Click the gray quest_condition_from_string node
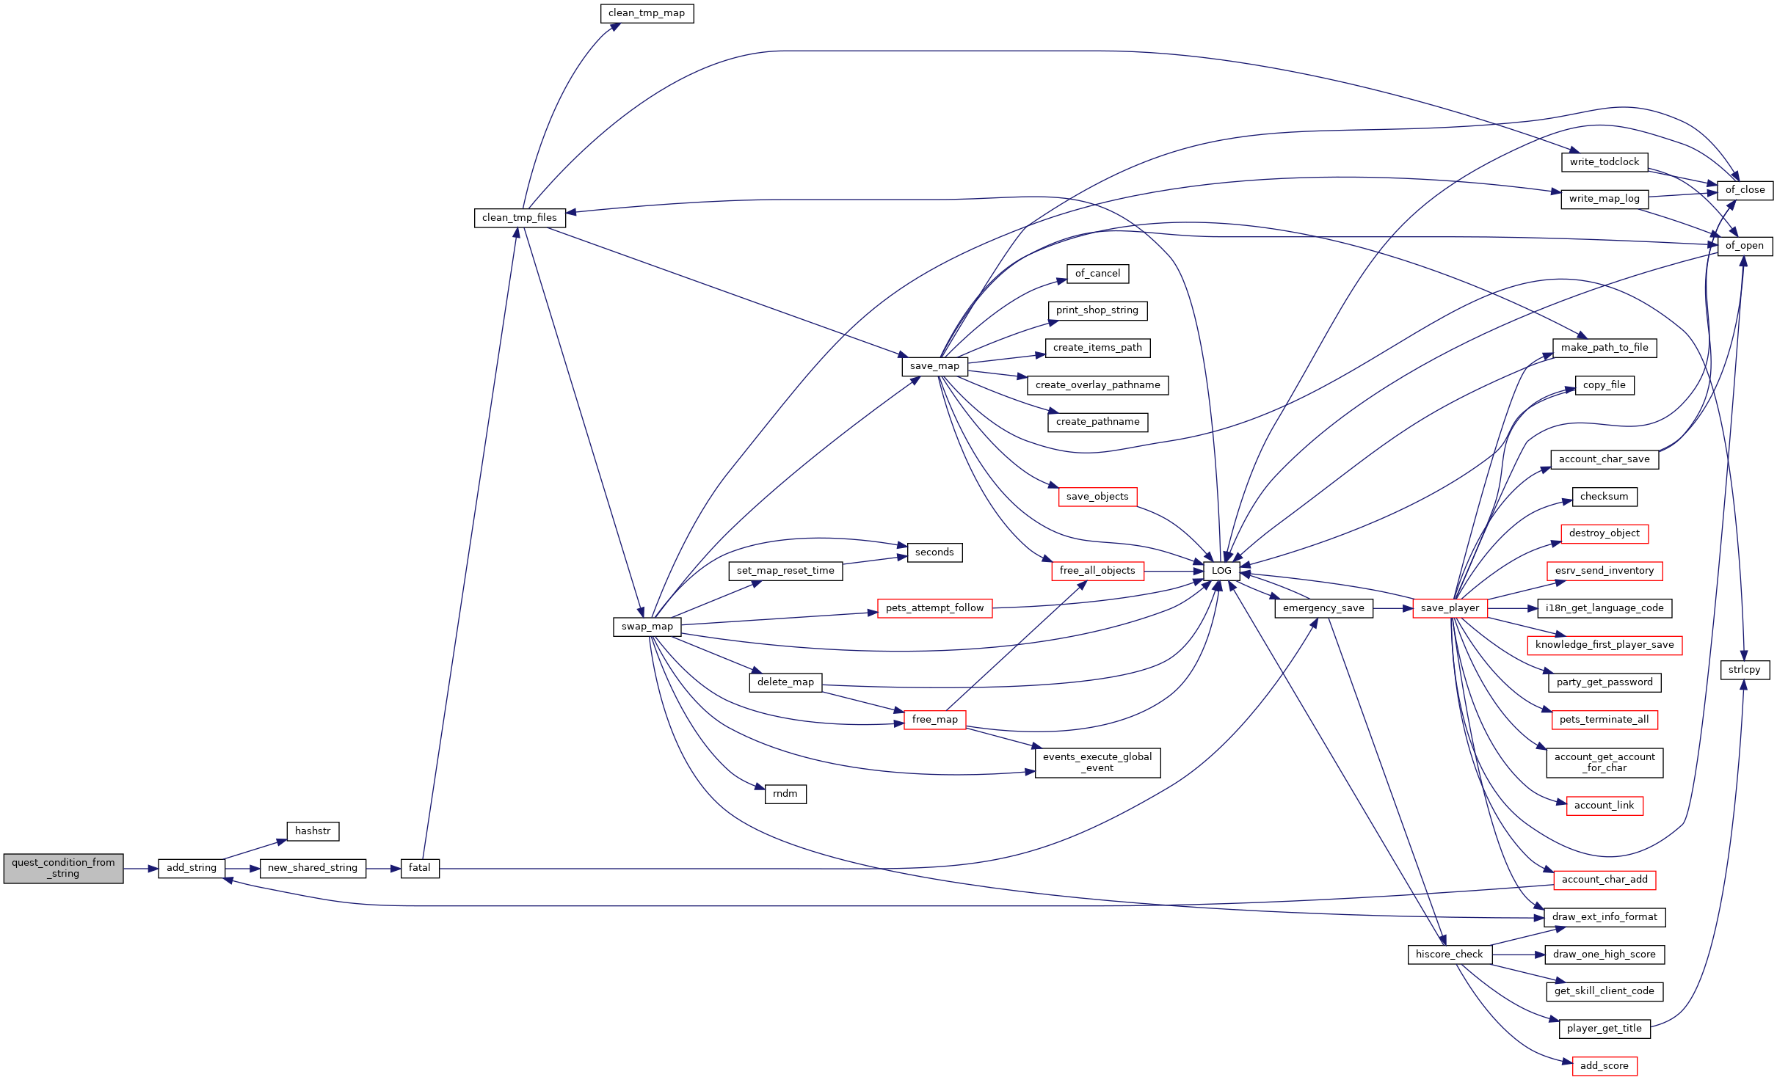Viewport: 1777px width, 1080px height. [x=63, y=868]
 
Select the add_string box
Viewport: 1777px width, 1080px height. [x=192, y=868]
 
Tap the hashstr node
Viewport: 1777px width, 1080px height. [x=313, y=831]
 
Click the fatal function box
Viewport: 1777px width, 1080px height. [x=420, y=868]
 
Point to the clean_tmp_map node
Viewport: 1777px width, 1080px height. [x=647, y=13]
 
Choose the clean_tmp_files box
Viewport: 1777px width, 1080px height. [x=520, y=218]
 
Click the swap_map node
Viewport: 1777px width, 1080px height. [x=647, y=627]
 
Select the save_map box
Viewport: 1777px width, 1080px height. [x=934, y=366]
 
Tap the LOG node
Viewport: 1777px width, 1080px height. [x=1221, y=571]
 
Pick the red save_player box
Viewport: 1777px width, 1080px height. [x=1450, y=608]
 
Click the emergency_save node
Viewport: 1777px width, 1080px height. [x=1323, y=608]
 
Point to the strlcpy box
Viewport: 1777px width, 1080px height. [x=1745, y=670]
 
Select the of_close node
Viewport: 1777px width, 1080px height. [x=1745, y=190]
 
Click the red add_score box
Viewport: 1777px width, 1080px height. [x=1605, y=1066]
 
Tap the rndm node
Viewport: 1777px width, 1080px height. [x=785, y=794]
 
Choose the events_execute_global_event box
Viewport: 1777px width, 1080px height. [x=1097, y=762]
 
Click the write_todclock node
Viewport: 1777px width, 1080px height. [x=1605, y=162]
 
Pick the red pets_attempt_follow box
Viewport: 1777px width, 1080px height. [x=934, y=608]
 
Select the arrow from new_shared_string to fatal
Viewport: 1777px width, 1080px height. [x=383, y=869]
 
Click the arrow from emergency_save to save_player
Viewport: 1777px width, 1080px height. [x=1392, y=608]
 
